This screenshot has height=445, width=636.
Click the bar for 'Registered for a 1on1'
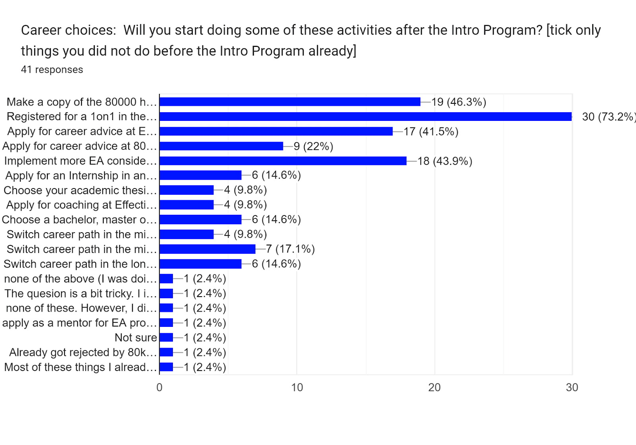(x=365, y=117)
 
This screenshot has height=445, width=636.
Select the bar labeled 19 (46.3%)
(x=290, y=102)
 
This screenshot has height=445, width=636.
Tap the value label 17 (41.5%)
(x=431, y=132)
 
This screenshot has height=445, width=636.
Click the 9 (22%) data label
(x=313, y=146)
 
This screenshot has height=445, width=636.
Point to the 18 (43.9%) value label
(x=445, y=161)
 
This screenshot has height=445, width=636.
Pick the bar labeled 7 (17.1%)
(x=207, y=249)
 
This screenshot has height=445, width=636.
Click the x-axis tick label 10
(x=297, y=387)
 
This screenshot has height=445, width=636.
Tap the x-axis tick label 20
(x=434, y=387)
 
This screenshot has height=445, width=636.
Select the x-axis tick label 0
(x=159, y=387)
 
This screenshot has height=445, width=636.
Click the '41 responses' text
(x=52, y=70)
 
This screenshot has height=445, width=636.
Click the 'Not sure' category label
(x=136, y=338)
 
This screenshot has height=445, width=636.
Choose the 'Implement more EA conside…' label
(x=80, y=161)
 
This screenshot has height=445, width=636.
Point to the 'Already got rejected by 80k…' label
(x=83, y=352)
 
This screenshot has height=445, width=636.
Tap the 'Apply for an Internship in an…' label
(x=81, y=176)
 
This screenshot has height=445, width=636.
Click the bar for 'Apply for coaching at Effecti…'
(x=186, y=205)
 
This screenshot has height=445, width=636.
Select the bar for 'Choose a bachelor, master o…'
(x=200, y=220)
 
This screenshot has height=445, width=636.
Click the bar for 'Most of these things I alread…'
(x=166, y=367)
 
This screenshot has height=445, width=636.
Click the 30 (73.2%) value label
(x=608, y=117)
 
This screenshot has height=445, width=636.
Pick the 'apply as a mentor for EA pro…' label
(x=79, y=323)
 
